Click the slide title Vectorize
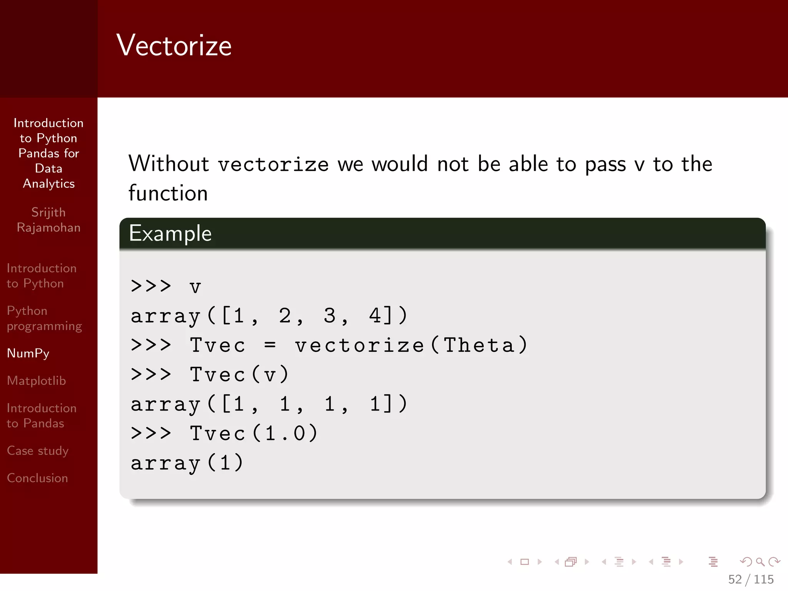tap(174, 45)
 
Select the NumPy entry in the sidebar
tap(28, 353)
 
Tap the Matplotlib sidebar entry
tap(37, 381)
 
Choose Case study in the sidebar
tap(38, 451)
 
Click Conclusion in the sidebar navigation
tap(37, 478)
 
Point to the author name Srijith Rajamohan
tap(48, 220)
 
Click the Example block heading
tap(170, 233)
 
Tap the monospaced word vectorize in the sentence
tap(273, 165)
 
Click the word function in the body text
tap(168, 193)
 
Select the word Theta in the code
tap(479, 345)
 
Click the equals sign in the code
tap(270, 345)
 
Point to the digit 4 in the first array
tap(375, 316)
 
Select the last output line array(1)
tap(187, 463)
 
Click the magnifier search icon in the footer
tap(760, 562)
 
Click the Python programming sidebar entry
tap(44, 318)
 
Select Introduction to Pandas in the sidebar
tap(42, 416)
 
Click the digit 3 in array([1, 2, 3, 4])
tap(329, 316)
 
